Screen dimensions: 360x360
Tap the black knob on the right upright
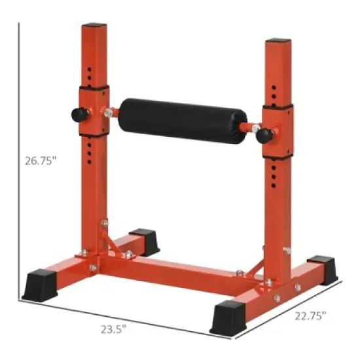264,135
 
